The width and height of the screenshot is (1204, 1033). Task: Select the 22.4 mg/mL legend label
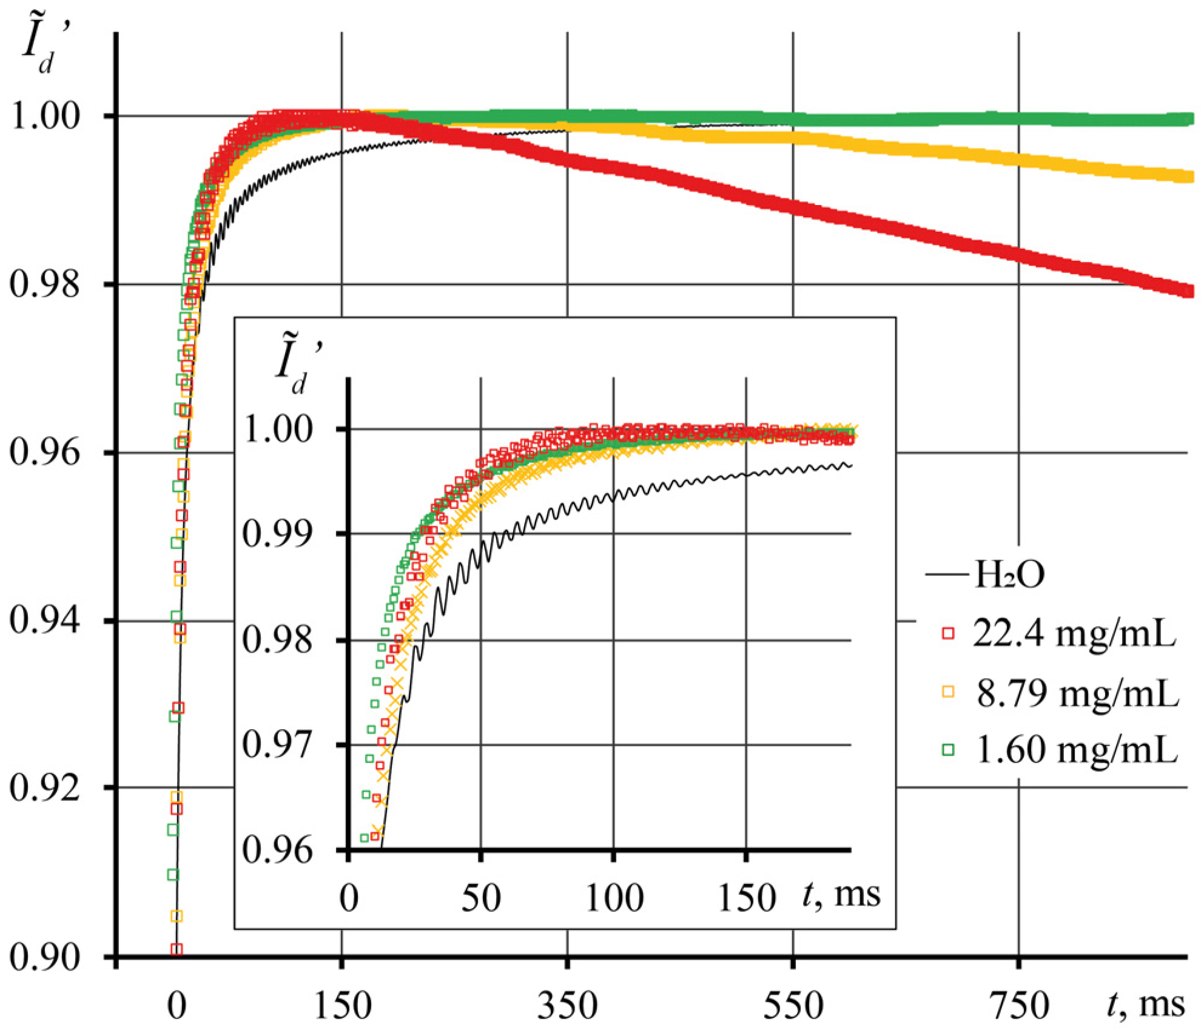click(x=1074, y=633)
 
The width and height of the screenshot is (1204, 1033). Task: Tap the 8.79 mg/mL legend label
click(x=1077, y=692)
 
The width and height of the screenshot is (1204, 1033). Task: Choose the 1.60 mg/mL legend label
click(x=1076, y=750)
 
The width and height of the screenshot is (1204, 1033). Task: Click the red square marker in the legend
click(x=947, y=633)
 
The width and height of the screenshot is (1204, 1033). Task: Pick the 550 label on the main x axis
click(x=793, y=1004)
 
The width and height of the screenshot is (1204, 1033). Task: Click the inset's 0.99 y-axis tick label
click(x=277, y=534)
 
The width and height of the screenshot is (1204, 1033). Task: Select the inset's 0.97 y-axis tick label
click(x=277, y=745)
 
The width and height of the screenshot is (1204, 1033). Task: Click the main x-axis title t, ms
click(x=1146, y=1003)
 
